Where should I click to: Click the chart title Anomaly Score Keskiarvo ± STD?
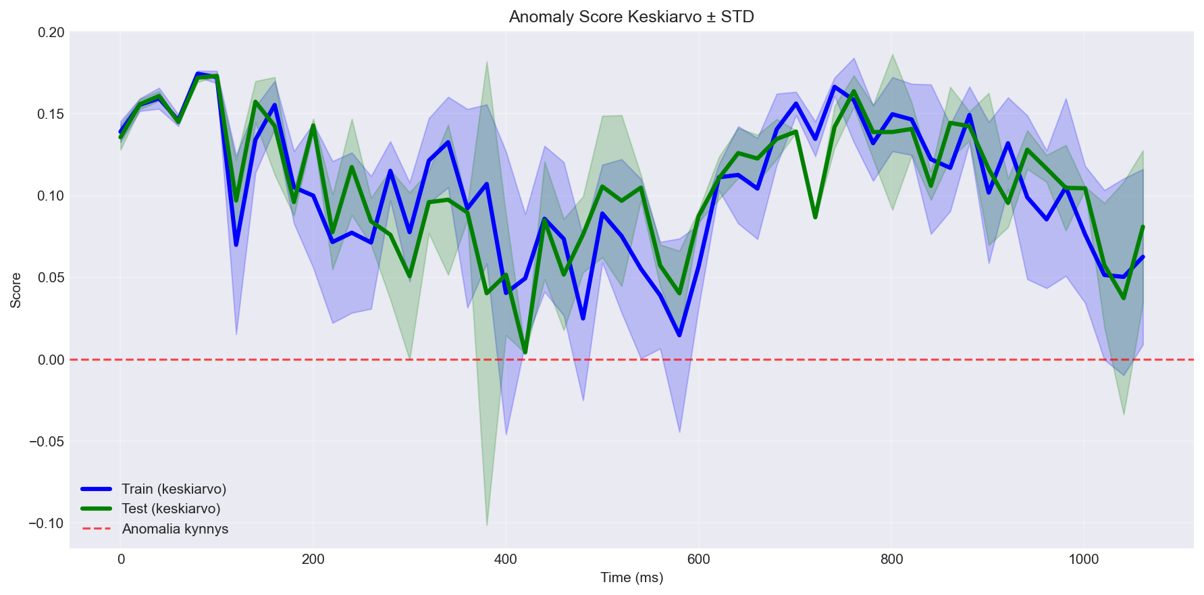click(631, 17)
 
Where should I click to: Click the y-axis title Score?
click(16, 290)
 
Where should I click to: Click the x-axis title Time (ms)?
click(631, 577)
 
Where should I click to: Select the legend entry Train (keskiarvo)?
click(174, 489)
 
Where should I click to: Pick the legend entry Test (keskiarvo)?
click(171, 509)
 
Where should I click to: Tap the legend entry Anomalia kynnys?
click(175, 529)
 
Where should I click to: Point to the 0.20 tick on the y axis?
click(49, 32)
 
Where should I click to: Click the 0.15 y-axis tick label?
click(49, 114)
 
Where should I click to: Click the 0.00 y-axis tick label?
click(49, 360)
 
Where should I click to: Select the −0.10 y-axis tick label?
click(46, 523)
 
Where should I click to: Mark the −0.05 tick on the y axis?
click(46, 442)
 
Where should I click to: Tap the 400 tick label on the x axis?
click(506, 559)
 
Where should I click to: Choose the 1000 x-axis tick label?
click(1084, 559)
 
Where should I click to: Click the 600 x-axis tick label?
click(698, 559)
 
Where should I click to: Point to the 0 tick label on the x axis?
click(121, 559)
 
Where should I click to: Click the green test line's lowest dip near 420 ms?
click(525, 352)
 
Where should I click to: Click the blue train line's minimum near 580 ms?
click(679, 335)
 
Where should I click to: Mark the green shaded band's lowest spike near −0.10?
click(487, 525)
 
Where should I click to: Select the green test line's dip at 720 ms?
click(815, 217)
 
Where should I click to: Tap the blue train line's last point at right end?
click(1143, 257)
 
